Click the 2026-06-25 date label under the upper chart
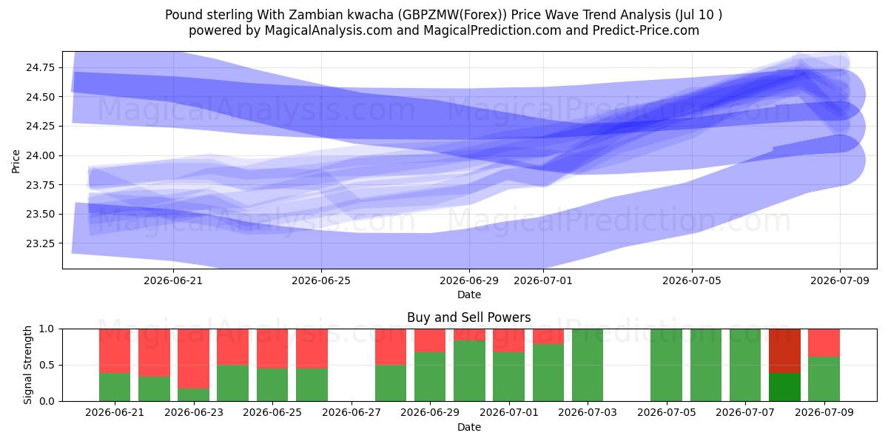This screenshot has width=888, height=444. (321, 280)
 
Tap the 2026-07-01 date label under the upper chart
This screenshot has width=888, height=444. (543, 280)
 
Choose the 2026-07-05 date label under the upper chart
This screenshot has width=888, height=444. (692, 280)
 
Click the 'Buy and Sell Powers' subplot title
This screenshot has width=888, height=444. (469, 317)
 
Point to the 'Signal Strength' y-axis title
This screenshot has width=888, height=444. (27, 365)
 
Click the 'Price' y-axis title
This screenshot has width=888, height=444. (16, 161)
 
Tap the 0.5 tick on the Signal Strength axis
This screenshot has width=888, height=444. (47, 365)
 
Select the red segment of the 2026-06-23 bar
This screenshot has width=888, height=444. (193, 358)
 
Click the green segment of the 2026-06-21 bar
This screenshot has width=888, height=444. (115, 387)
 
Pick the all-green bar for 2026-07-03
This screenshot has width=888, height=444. (588, 365)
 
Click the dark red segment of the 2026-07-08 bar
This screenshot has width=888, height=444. (784, 351)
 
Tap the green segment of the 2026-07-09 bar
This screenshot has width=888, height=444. (824, 379)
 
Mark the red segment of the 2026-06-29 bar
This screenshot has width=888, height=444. (430, 340)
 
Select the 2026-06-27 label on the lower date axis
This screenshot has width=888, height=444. (351, 412)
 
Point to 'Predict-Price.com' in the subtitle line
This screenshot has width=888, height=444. (646, 30)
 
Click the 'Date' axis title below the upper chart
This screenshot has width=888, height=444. (469, 295)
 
